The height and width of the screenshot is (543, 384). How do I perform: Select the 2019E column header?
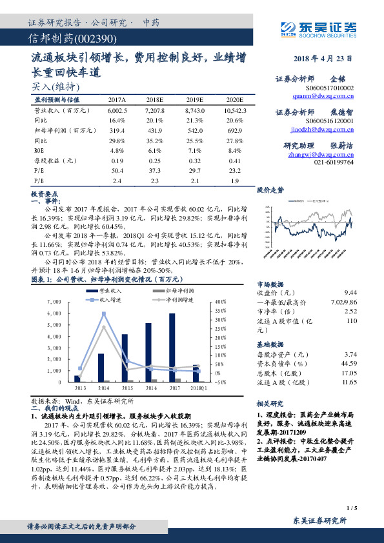click(x=195, y=101)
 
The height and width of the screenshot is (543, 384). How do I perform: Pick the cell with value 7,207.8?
click(x=155, y=111)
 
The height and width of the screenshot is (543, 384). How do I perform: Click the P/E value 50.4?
click(x=117, y=170)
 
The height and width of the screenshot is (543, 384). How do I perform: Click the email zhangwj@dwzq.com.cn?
click(x=321, y=155)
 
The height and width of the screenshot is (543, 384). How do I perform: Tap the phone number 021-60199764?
click(x=334, y=163)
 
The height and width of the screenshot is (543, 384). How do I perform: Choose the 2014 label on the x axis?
click(x=103, y=388)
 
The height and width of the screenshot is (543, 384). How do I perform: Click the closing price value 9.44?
click(x=350, y=292)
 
